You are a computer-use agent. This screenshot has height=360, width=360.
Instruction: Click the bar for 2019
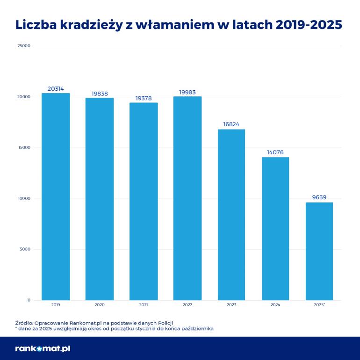56,196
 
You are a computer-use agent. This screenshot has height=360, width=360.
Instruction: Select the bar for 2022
187,198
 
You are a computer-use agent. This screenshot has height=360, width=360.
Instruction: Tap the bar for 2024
275,229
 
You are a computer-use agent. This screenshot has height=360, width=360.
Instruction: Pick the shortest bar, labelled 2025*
319,251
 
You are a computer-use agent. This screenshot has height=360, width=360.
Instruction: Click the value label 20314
56,89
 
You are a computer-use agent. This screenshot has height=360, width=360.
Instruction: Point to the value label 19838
100,94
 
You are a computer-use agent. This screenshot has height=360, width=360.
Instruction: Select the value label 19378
144,98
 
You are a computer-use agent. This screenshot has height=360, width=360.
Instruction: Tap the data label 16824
231,125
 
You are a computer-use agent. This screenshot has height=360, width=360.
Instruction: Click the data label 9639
319,198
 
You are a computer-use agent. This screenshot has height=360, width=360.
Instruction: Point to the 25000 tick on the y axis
24,46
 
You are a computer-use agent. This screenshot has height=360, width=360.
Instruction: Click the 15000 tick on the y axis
24,148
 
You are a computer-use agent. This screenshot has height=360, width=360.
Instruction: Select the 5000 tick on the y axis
25,249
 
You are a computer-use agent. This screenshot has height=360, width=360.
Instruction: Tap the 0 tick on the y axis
29,300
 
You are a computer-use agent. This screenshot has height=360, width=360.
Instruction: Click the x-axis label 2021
144,305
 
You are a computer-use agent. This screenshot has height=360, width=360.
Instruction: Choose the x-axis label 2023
231,305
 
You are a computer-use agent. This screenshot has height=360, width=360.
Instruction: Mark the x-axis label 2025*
319,305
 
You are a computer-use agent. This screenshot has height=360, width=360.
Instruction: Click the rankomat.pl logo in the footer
43,348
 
